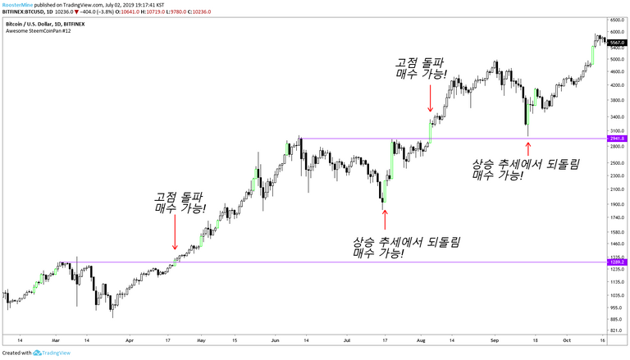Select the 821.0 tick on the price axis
coord(616,330)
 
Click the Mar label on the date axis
coord(55,339)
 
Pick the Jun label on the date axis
coord(274,339)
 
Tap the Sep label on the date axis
coord(495,339)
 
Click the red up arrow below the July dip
coord(384,219)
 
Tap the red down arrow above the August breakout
coord(429,102)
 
